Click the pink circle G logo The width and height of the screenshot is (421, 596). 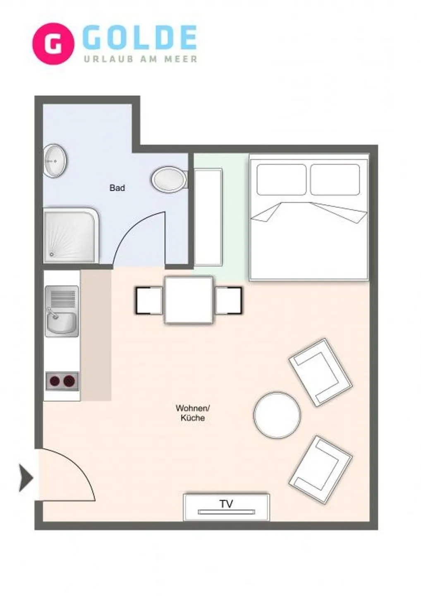[53, 43]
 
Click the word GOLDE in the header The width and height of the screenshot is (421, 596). [139, 38]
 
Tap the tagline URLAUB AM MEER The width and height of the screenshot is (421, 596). [141, 59]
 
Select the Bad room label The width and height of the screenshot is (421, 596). [117, 188]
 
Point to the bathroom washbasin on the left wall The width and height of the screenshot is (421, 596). [55, 161]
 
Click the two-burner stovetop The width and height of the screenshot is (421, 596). [62, 380]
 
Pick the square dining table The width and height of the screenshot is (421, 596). [189, 300]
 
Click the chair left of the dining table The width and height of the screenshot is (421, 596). [148, 300]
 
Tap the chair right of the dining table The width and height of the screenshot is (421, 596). [228, 300]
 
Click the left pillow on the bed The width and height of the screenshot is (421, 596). [282, 180]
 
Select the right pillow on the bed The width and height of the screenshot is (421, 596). [335, 180]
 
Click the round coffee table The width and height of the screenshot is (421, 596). [277, 415]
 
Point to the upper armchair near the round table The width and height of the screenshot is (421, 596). [320, 372]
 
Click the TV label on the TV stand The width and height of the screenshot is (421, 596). [226, 504]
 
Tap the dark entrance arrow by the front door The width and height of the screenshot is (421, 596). [26, 478]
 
